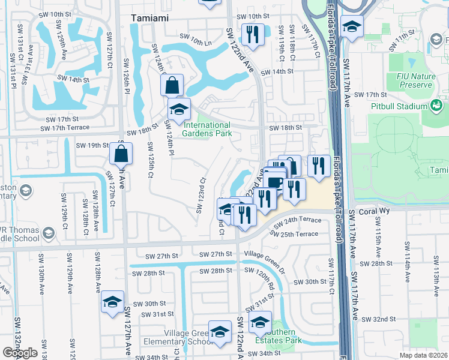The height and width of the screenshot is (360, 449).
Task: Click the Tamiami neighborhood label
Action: (151, 17)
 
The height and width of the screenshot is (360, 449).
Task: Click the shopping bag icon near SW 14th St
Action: (172, 85)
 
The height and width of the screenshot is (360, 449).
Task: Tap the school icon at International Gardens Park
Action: (179, 110)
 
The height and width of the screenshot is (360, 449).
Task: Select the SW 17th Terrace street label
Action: (64, 127)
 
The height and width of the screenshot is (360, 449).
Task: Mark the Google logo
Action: (20, 353)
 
